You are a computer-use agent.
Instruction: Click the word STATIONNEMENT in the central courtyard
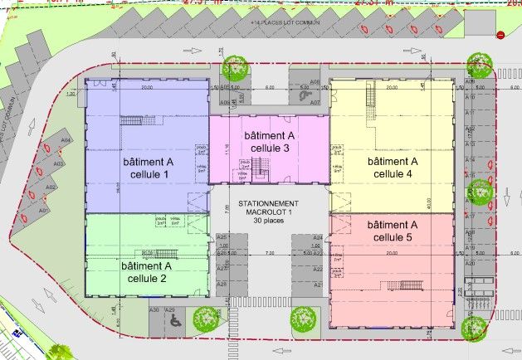click(269, 203)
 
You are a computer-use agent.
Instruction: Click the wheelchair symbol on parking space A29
click(173, 319)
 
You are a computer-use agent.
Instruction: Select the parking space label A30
click(154, 309)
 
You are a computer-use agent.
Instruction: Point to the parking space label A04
click(65, 141)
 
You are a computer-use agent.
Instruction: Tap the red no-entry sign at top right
click(500, 35)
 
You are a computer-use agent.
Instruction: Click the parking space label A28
click(222, 285)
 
